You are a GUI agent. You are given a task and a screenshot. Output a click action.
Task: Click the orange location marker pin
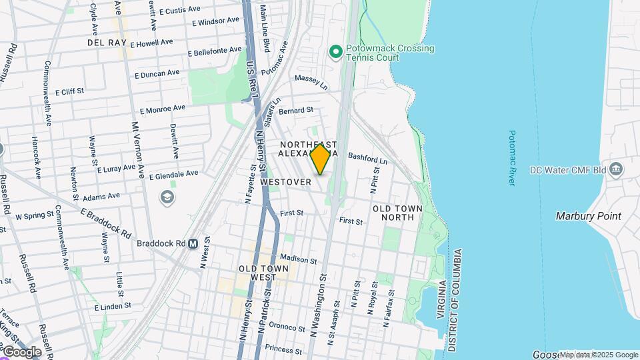(x=321, y=159)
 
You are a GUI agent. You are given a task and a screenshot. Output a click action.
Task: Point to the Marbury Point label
(x=589, y=216)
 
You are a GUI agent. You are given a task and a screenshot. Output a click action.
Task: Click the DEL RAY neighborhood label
(x=107, y=43)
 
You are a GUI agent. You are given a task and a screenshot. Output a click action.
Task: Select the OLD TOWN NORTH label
(x=397, y=213)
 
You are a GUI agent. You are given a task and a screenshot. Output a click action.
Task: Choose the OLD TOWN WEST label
(x=263, y=273)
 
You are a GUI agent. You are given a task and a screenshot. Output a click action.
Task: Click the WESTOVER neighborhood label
(x=286, y=181)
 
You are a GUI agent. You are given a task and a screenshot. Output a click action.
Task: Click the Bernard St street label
(x=296, y=110)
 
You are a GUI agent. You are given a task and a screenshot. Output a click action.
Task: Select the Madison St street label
(x=297, y=258)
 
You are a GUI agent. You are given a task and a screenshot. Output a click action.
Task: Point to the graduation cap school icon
(x=165, y=198)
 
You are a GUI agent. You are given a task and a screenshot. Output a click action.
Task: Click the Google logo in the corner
(x=21, y=351)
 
